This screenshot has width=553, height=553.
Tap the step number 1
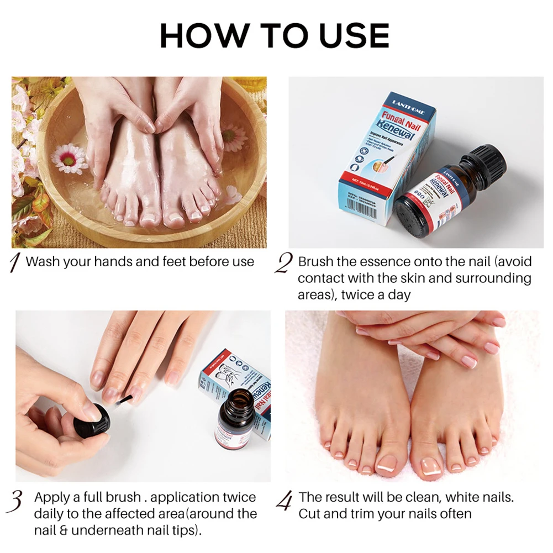(x=16, y=262)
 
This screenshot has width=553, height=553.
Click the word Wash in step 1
(x=43, y=262)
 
